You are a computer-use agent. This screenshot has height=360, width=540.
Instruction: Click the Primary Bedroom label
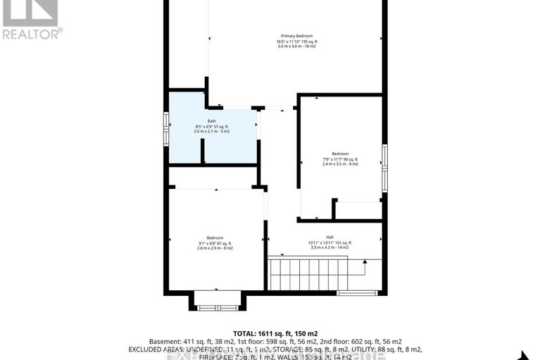tap(296, 35)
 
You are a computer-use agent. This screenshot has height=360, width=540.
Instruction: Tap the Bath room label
tap(211, 121)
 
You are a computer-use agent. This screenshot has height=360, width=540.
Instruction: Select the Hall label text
tap(329, 237)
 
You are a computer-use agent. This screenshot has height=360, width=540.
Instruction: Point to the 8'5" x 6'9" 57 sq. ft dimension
tap(211, 126)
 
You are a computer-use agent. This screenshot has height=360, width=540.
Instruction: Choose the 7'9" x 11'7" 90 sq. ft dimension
tap(340, 159)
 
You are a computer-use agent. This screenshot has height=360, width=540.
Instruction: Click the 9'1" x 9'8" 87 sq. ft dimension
tap(215, 243)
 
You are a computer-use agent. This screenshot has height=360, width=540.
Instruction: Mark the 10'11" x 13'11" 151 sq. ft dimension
tap(329, 243)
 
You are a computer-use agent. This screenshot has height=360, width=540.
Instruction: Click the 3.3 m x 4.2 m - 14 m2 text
tap(329, 248)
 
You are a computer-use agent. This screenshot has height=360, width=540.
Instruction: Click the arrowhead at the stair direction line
tap(365, 263)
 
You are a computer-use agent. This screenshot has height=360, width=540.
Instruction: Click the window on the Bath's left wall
tap(167, 129)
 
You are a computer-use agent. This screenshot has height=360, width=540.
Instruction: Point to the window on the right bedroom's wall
tap(384, 168)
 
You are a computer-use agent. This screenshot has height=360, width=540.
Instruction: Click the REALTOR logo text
tap(32, 32)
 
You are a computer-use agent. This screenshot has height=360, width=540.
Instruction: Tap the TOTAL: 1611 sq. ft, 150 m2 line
tap(270, 333)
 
